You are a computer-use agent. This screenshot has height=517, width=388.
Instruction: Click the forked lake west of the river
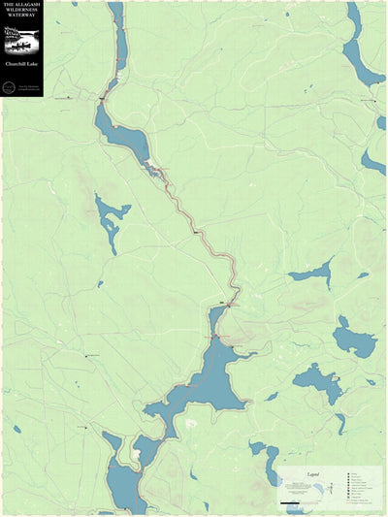click(110, 218)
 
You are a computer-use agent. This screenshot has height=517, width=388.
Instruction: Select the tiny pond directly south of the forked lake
click(101, 284)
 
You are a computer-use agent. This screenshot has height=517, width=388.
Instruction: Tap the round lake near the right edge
click(354, 341)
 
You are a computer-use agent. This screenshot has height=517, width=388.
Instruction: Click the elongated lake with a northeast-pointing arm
click(312, 275)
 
